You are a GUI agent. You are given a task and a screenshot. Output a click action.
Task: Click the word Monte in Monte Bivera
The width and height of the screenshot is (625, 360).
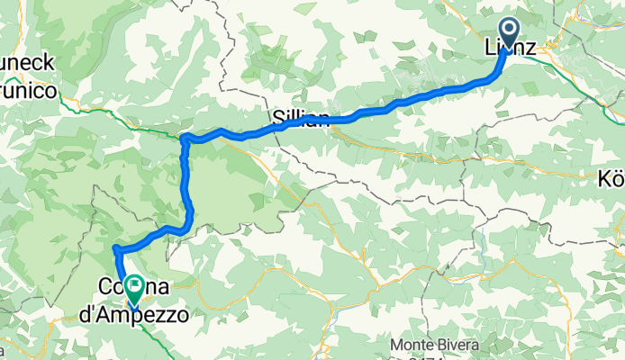(x=412, y=346)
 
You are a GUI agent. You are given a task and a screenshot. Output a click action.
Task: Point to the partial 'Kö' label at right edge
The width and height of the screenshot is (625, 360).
(x=611, y=179)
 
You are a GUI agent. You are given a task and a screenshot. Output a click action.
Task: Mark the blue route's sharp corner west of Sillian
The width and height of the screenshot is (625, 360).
(x=184, y=138)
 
